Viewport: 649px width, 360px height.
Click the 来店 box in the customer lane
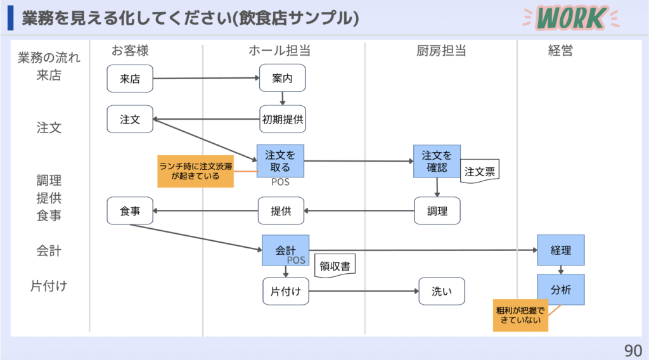(130, 79)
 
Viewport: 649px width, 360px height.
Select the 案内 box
(282, 79)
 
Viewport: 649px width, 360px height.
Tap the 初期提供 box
(282, 119)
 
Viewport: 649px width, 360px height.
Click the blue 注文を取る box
(280, 160)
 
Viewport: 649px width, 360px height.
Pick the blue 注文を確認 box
(437, 160)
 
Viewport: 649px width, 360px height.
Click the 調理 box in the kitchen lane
(437, 211)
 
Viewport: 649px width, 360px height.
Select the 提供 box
(281, 211)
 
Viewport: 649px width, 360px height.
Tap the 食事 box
(130, 211)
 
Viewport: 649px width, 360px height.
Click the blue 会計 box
(285, 250)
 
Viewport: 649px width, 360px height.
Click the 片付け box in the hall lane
(285, 292)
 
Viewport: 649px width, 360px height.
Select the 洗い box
(441, 292)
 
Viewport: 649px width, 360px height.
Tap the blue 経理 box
(561, 250)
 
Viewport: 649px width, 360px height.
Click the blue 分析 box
(561, 290)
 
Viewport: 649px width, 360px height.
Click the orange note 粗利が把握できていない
(520, 316)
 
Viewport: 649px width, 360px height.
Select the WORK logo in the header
(569, 18)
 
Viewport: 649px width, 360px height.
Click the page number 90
(632, 350)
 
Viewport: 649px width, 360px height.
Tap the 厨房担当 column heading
(437, 51)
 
